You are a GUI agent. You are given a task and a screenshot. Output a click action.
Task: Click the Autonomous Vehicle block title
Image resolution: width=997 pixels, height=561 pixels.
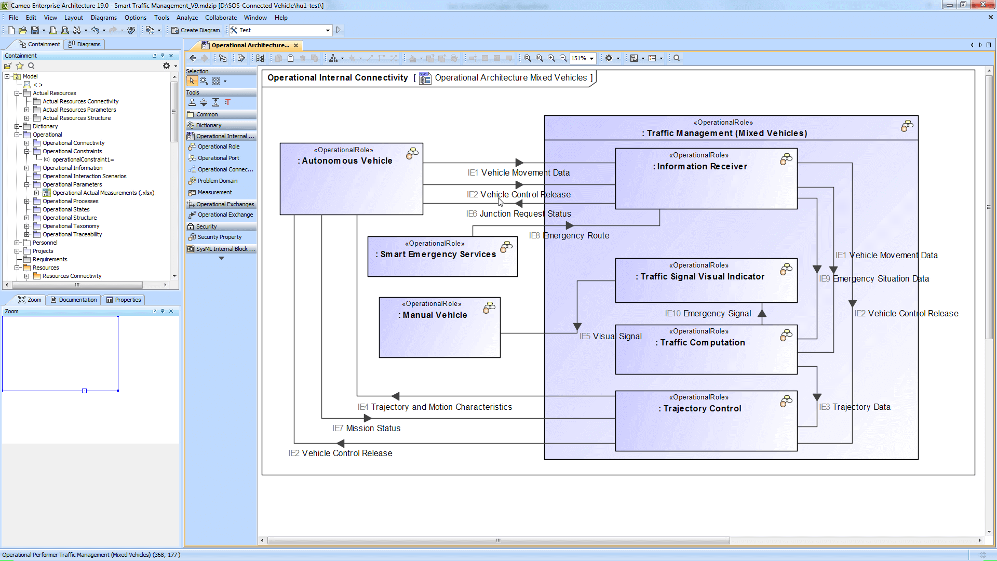[347, 161]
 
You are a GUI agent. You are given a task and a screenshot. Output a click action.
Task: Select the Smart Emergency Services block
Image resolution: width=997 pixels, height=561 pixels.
[438, 255]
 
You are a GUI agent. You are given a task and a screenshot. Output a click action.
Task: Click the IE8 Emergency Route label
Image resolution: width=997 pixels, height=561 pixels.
[569, 236]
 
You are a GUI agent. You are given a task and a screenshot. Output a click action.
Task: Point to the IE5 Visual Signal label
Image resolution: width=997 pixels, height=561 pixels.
[611, 337]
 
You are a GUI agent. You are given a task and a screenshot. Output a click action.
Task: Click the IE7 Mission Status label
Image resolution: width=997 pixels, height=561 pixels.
[367, 429]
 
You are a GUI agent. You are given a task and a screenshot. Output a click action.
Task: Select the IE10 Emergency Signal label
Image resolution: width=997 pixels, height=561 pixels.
[708, 314]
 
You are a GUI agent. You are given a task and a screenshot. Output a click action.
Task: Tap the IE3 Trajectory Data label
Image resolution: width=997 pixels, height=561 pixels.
[855, 407]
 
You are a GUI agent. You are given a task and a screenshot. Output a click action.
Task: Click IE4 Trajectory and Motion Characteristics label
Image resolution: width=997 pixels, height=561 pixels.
[435, 407]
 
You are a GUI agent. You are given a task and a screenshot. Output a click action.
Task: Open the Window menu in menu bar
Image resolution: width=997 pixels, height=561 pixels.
[255, 18]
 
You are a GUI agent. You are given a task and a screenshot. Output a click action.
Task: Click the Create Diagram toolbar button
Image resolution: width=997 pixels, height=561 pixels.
[196, 30]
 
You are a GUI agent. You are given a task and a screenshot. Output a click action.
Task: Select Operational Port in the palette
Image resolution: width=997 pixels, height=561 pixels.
[218, 158]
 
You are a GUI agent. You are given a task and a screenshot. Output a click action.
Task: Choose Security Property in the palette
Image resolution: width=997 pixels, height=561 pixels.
[219, 237]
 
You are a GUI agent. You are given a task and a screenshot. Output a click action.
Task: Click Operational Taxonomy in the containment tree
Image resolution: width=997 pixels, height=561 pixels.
[71, 226]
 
